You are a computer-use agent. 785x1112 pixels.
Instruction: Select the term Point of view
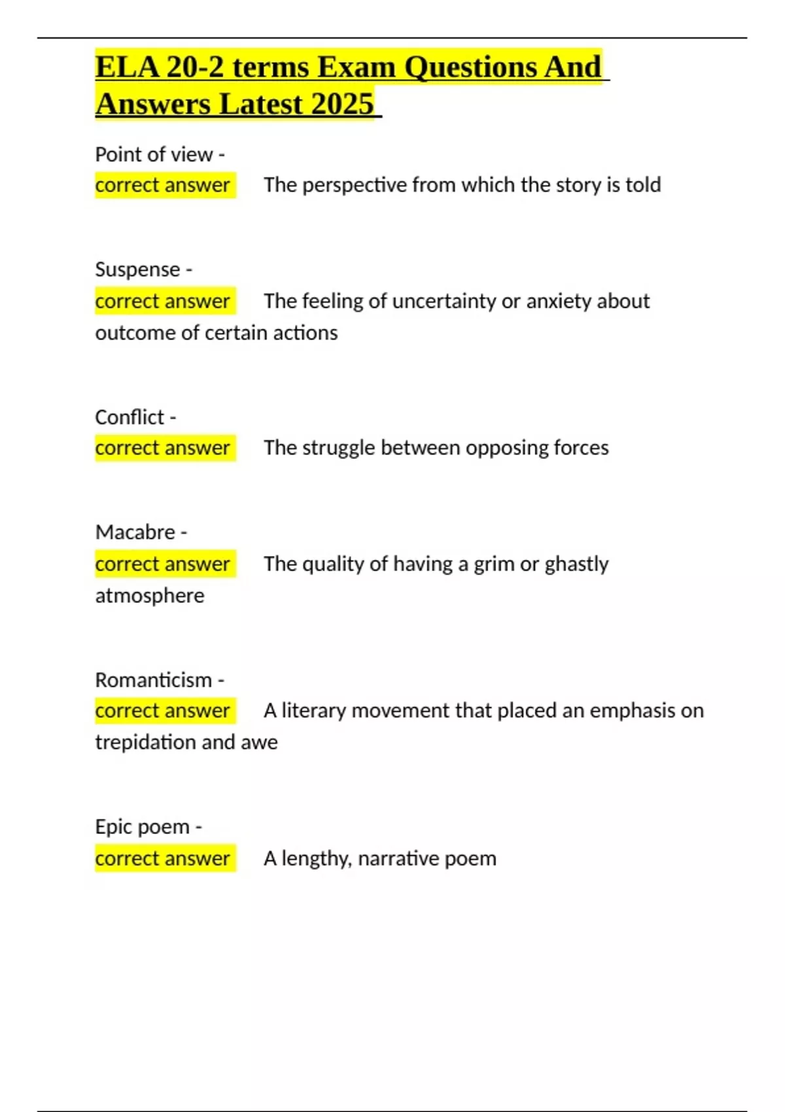154,154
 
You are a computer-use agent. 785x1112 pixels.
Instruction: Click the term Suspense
137,269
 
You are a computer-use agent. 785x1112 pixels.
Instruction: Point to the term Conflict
130,417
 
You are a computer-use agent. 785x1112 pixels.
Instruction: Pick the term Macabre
135,532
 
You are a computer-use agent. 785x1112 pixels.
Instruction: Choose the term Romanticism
154,680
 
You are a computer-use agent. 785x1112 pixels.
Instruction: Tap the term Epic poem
142,827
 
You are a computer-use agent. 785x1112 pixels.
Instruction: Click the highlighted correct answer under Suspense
163,301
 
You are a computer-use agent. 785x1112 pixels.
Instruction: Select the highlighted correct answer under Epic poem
163,858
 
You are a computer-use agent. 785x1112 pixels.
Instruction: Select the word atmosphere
150,596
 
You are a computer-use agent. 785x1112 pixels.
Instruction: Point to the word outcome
135,333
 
